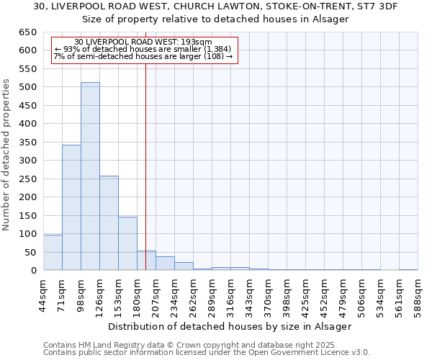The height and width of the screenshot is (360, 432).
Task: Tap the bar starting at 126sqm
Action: (109, 223)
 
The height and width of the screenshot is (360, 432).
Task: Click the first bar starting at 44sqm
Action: (53, 253)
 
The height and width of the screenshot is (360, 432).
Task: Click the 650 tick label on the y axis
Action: (29, 32)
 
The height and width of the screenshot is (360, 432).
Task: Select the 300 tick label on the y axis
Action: (29, 161)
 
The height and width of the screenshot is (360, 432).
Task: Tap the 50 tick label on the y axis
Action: (32, 253)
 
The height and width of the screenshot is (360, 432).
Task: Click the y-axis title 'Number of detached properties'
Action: (7, 155)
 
